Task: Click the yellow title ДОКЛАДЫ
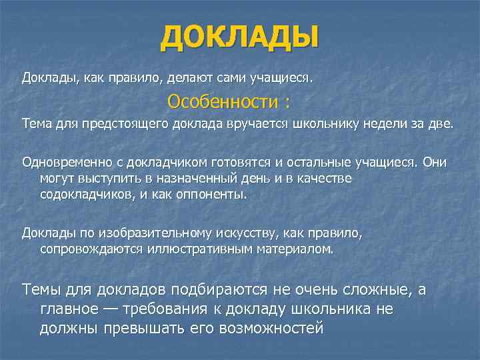coord(239,37)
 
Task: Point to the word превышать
coord(137,329)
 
